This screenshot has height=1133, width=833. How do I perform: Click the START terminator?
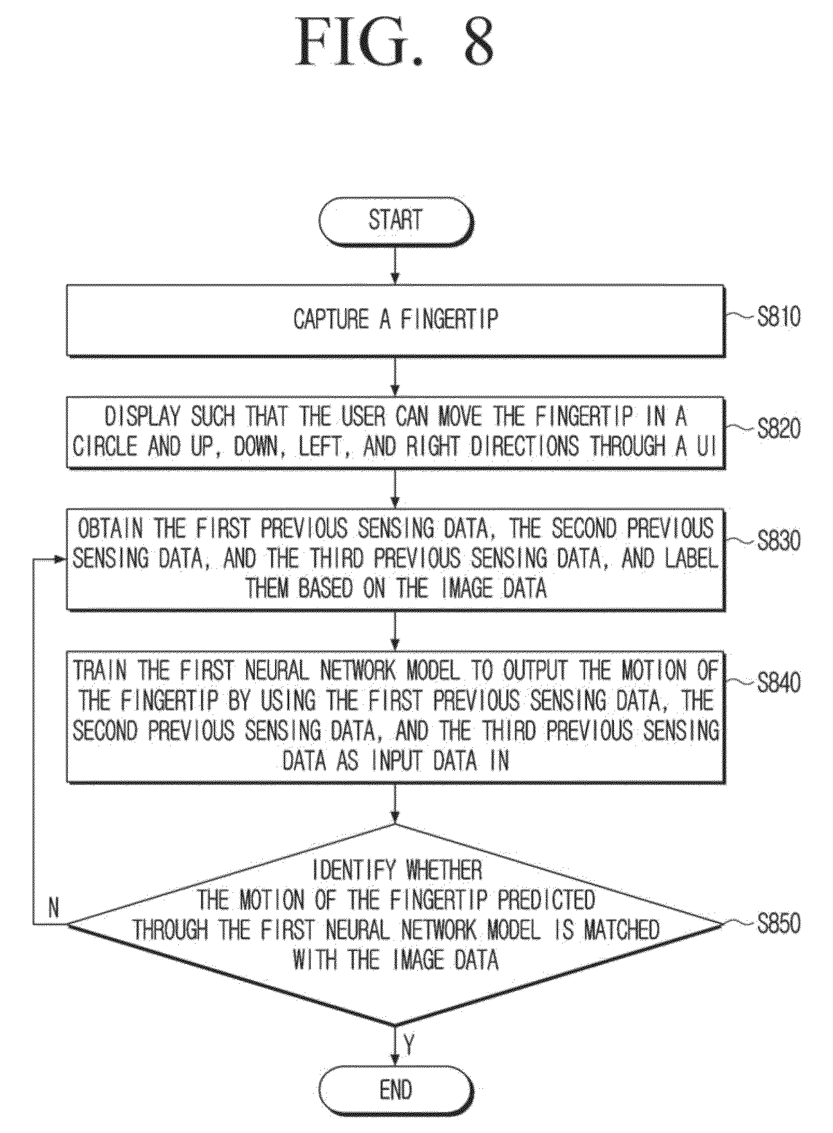pyautogui.click(x=396, y=221)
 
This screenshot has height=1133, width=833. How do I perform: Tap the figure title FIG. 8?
pyautogui.click(x=395, y=41)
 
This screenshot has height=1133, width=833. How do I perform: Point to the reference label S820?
pyautogui.click(x=778, y=429)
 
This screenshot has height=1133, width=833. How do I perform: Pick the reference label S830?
pyautogui.click(x=778, y=540)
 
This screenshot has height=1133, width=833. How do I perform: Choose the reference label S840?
pyautogui.click(x=778, y=682)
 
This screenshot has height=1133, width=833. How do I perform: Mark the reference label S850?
pyautogui.click(x=778, y=923)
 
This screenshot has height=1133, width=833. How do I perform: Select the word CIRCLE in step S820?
pyautogui.click(x=106, y=446)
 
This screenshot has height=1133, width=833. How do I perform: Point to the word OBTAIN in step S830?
pyautogui.click(x=111, y=529)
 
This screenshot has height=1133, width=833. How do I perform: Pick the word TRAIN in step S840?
pyautogui.click(x=100, y=671)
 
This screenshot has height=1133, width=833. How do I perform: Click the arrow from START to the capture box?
pyautogui.click(x=395, y=266)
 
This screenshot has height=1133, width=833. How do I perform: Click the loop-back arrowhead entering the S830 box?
pyautogui.click(x=60, y=559)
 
